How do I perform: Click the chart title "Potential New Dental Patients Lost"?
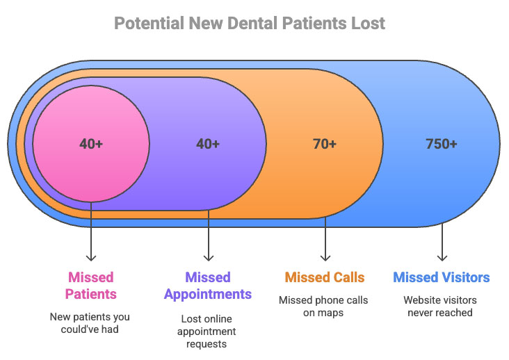coord(250,24)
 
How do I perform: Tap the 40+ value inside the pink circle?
coord(91,144)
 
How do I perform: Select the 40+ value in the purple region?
coord(208,144)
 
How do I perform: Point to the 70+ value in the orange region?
coord(325,144)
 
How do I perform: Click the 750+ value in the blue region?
coord(442,144)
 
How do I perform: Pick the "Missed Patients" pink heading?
coord(91,286)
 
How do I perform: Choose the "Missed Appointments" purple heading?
coord(208,286)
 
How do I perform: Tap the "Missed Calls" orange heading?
coord(325,277)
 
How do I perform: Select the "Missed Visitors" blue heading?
coord(442,277)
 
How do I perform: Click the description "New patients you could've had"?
coord(90,323)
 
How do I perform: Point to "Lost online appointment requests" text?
coord(207,332)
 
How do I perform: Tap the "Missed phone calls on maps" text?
coord(323,306)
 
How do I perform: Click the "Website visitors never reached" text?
coord(440,306)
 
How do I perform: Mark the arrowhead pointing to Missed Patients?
coord(91,258)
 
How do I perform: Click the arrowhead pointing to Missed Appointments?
coord(209,258)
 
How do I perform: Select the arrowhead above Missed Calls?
coord(325,258)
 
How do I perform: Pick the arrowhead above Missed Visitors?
coord(442,258)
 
